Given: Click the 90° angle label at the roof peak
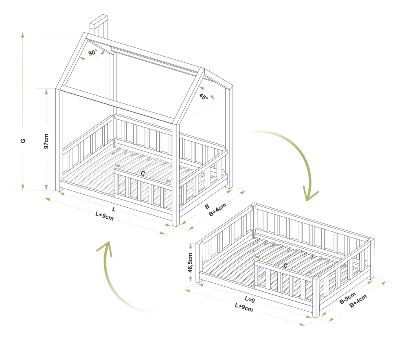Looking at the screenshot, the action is point(93,53).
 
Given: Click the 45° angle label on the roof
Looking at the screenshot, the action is point(204,97).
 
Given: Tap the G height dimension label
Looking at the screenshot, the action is point(23,140).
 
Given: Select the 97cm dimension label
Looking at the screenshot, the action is point(46,141).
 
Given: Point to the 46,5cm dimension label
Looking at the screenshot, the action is point(190,263).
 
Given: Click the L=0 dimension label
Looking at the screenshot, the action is point(250,299).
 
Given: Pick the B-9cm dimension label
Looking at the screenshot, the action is point(347,298).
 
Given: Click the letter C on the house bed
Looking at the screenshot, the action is point(143,173).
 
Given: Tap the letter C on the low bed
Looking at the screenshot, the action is point(285,266).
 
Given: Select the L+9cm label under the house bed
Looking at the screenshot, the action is point(105,216).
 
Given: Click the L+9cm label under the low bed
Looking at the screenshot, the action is point(244,307).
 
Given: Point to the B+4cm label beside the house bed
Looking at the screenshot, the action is point(217,210).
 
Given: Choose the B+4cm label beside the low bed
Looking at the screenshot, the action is point(358,301).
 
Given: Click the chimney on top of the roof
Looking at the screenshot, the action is point(99,26).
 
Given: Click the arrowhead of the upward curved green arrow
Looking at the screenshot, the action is point(105,248).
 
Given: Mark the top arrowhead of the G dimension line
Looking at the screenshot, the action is point(23,35).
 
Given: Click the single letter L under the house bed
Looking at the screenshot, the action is point(114,209).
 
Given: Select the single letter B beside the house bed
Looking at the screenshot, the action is point(207,206).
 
